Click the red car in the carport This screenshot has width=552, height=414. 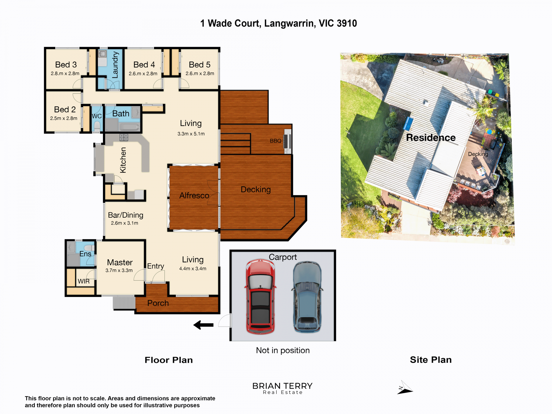tap(260, 296)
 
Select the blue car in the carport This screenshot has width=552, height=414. tap(307, 297)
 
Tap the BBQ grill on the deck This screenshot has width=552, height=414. tap(287, 141)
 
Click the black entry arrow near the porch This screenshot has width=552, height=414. tap(203, 325)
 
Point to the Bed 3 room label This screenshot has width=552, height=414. tap(66, 64)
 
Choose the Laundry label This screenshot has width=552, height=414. tap(115, 65)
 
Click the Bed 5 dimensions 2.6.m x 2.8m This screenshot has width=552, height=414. tap(200, 73)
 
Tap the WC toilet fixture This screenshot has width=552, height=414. tap(97, 126)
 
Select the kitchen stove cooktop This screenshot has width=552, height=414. tap(124, 137)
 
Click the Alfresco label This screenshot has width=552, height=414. tap(194, 195)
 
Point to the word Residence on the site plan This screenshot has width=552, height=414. tap(431, 137)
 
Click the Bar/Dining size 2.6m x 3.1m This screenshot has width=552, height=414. tap(124, 223)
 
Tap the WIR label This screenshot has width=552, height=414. tap(84, 281)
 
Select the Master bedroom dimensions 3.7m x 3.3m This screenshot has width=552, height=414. tap(119, 270)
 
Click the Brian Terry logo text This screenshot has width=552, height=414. tap(282, 388)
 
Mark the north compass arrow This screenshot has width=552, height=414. tap(405, 388)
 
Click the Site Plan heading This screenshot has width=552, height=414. tap(431, 360)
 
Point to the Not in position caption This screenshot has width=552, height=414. tap(283, 350)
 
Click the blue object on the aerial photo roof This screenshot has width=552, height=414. tap(408, 124)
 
